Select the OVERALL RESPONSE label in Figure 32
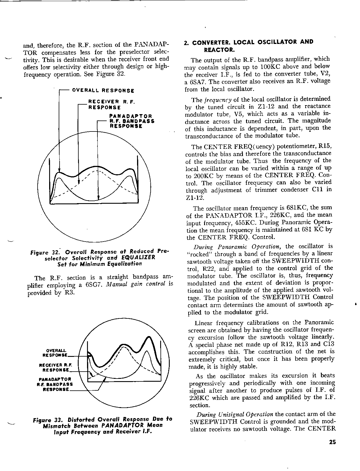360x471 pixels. click(x=103, y=90)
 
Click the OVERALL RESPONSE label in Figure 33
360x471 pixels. click(x=55, y=352)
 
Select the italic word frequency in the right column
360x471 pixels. click(x=218, y=100)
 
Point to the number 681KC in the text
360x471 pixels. click(x=294, y=208)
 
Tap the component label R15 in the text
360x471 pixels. click(x=325, y=146)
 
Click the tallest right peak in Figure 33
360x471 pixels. click(x=150, y=338)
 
